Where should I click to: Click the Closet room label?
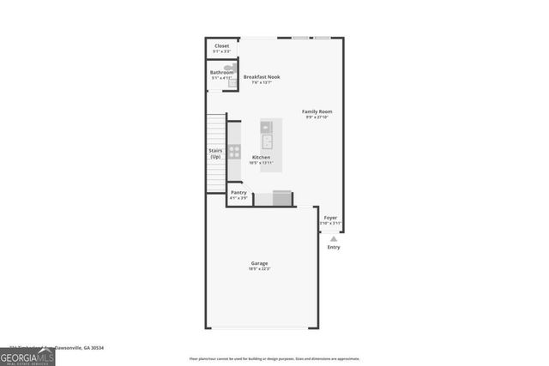click(x=221, y=45)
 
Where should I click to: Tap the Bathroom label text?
click(x=221, y=73)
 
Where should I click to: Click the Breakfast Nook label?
click(x=262, y=77)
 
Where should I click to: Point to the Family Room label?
click(x=317, y=111)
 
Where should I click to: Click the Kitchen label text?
click(x=262, y=158)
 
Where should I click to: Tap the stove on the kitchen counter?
click(x=234, y=152)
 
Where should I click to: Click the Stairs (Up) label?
click(x=215, y=154)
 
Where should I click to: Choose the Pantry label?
click(x=238, y=193)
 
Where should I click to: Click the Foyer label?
click(x=330, y=218)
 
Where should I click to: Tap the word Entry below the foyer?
click(x=333, y=247)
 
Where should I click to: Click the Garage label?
click(x=259, y=263)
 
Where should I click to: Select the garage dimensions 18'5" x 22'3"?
click(x=259, y=269)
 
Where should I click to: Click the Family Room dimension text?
click(x=317, y=117)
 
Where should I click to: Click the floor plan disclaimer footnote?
click(x=274, y=359)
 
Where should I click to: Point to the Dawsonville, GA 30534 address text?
click(x=81, y=348)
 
